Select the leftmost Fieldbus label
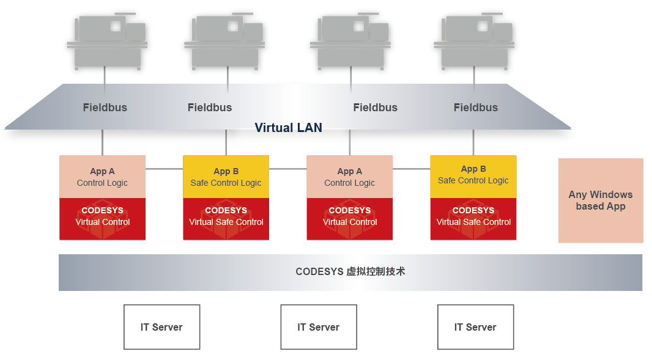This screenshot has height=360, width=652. (x=105, y=108)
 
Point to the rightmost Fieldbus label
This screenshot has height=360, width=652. (x=476, y=108)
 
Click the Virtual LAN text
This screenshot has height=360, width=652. (x=288, y=128)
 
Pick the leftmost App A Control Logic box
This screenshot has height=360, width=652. (x=102, y=177)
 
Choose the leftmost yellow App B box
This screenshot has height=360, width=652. (x=226, y=177)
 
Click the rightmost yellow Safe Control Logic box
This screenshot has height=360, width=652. (x=473, y=176)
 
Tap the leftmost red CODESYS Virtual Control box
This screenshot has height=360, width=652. (x=102, y=218)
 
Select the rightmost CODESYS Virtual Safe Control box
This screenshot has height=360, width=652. (x=473, y=218)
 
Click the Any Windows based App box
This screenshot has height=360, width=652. (x=601, y=200)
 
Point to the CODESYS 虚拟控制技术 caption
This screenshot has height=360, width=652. (x=350, y=272)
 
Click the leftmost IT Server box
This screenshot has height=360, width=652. (x=161, y=327)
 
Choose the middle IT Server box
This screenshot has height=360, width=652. (x=319, y=327)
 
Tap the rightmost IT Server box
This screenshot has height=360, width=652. (x=475, y=327)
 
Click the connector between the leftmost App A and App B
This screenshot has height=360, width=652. (x=164, y=168)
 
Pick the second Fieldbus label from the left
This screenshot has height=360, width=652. (x=210, y=108)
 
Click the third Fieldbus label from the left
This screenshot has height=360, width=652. (x=376, y=108)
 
